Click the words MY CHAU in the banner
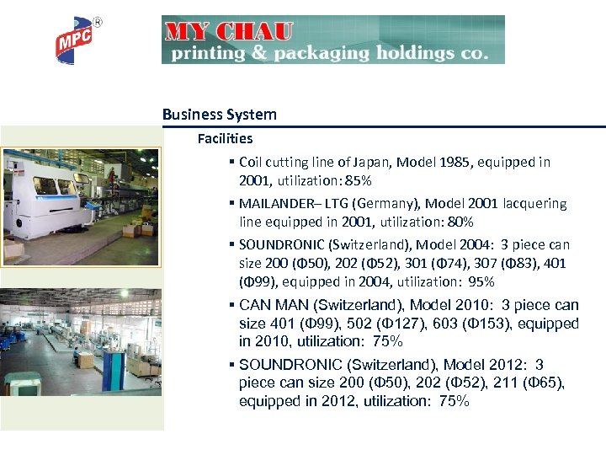(x=229, y=33)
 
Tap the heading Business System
(x=220, y=115)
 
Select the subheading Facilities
(x=225, y=138)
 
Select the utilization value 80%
(x=459, y=222)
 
